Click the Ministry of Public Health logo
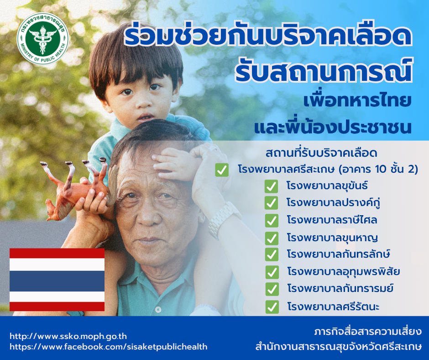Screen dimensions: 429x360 43,39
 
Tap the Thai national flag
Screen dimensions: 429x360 57,280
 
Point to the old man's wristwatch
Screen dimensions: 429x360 222,219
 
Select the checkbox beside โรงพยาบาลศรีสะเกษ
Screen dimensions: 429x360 222,170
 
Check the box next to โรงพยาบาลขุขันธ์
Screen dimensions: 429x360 271,186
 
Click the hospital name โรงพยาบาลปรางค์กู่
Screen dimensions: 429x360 333,203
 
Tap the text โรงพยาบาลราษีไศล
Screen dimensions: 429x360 332,220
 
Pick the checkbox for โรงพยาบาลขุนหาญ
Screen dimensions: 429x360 272,238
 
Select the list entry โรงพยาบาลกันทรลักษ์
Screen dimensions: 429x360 339,254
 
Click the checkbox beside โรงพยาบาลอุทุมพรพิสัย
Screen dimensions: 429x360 272,272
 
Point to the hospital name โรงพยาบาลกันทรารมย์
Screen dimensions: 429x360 340,288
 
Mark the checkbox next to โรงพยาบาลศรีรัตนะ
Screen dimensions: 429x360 272,307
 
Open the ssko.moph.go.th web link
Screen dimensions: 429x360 68,336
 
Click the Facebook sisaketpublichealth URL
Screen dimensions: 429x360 108,347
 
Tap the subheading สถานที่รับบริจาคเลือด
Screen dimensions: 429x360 321,153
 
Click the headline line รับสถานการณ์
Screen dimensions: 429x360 324,71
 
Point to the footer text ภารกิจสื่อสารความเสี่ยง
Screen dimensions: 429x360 368,332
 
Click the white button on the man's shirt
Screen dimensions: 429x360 158,310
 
